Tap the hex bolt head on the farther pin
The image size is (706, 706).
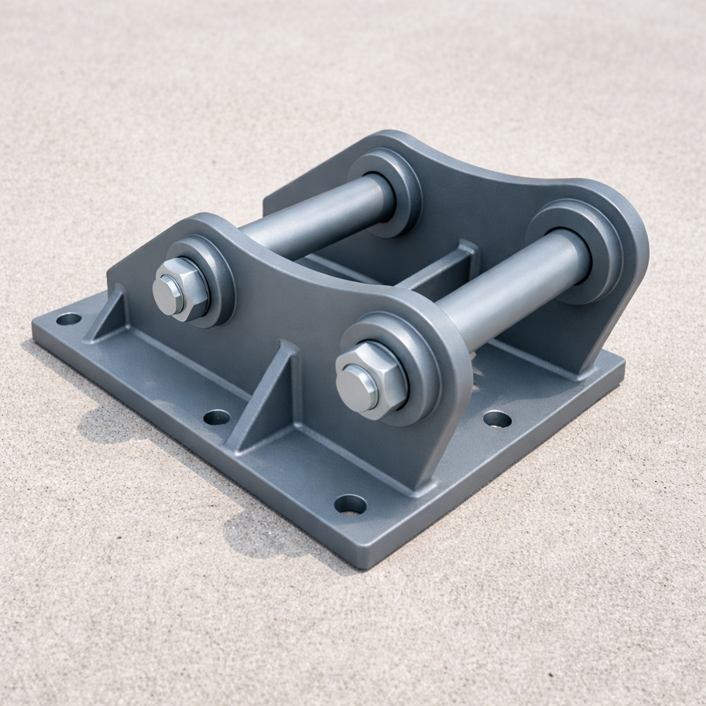click(x=181, y=288)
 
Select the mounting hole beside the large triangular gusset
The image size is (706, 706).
click(x=216, y=416)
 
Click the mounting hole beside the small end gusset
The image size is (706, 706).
click(x=68, y=319)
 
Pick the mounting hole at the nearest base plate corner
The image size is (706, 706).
click(x=350, y=504)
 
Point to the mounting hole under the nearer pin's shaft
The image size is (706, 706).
click(x=497, y=418)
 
